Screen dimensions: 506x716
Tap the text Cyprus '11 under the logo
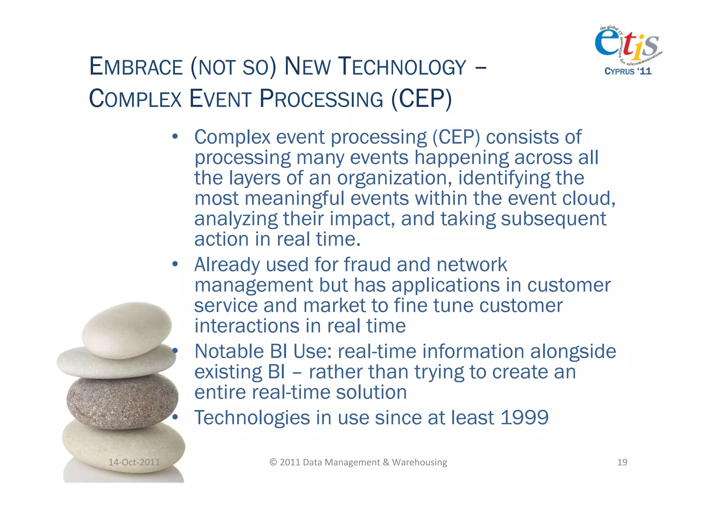click(628, 71)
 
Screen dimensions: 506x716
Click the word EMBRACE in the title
click(136, 66)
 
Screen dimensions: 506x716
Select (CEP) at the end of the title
click(421, 99)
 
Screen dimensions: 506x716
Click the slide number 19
click(622, 462)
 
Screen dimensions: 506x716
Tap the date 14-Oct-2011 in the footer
click(134, 462)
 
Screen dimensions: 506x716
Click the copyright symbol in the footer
click(273, 462)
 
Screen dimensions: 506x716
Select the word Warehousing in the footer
click(419, 462)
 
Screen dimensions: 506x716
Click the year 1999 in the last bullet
click(524, 418)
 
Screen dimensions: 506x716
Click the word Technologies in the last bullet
click(252, 418)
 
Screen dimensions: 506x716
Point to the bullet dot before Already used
click(175, 264)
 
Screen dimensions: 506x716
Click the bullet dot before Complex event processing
click(175, 136)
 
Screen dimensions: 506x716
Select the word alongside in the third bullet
click(573, 351)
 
